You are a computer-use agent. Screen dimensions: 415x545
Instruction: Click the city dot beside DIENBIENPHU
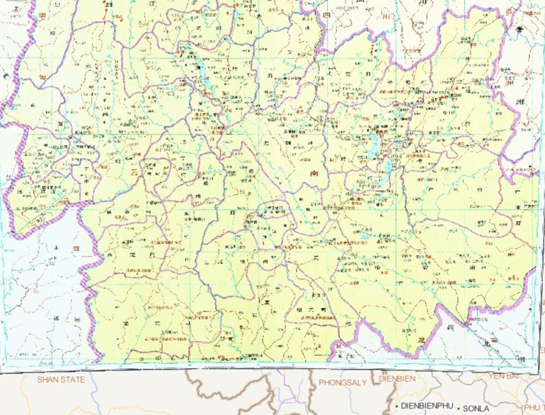click(397, 406)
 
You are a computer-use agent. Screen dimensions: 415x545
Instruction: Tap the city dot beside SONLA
click(459, 409)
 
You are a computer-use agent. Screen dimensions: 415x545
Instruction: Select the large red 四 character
click(327, 16)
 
